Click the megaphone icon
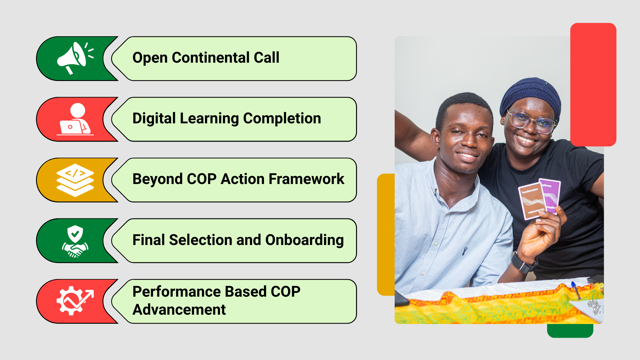[75, 58]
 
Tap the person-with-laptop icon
[75, 119]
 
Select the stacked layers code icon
[75, 180]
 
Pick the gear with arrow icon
[75, 301]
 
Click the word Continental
[211, 58]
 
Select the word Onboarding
[304, 240]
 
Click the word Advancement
[179, 310]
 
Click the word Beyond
[158, 179]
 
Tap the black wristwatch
[524, 263]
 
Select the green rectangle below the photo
[570, 331]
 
